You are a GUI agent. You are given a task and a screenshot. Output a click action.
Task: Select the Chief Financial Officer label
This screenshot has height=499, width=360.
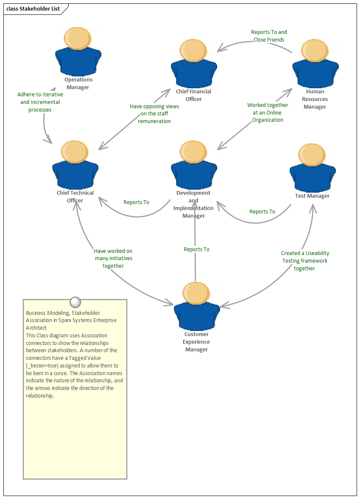(x=193, y=95)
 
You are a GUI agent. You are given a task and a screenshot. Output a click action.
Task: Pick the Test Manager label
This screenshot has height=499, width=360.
(x=312, y=196)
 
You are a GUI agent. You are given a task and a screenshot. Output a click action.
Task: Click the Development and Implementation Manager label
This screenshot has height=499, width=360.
(x=193, y=204)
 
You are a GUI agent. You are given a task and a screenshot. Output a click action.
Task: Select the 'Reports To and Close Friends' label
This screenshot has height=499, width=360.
(x=269, y=36)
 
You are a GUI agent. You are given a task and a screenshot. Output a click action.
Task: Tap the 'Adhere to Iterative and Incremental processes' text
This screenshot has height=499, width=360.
(x=40, y=102)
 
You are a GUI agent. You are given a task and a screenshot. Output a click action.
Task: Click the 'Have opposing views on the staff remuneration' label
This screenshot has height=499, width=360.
(x=154, y=114)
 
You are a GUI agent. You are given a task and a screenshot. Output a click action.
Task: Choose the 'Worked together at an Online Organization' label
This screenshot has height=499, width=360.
(x=268, y=112)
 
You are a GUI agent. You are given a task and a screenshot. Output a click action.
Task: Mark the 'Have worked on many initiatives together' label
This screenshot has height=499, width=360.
(x=113, y=258)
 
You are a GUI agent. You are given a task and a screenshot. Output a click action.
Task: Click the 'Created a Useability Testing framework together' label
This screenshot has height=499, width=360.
(x=305, y=261)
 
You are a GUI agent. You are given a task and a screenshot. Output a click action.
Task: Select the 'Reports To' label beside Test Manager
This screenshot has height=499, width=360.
(x=262, y=211)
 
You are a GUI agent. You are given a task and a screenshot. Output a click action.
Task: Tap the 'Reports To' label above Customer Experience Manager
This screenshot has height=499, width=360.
(x=196, y=249)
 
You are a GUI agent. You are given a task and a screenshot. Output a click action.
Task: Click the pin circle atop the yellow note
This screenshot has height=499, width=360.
(x=75, y=302)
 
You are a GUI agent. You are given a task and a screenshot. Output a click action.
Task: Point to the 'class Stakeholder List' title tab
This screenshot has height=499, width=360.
(x=33, y=8)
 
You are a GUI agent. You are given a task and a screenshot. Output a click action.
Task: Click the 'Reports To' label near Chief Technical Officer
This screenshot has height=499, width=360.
(x=136, y=202)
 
